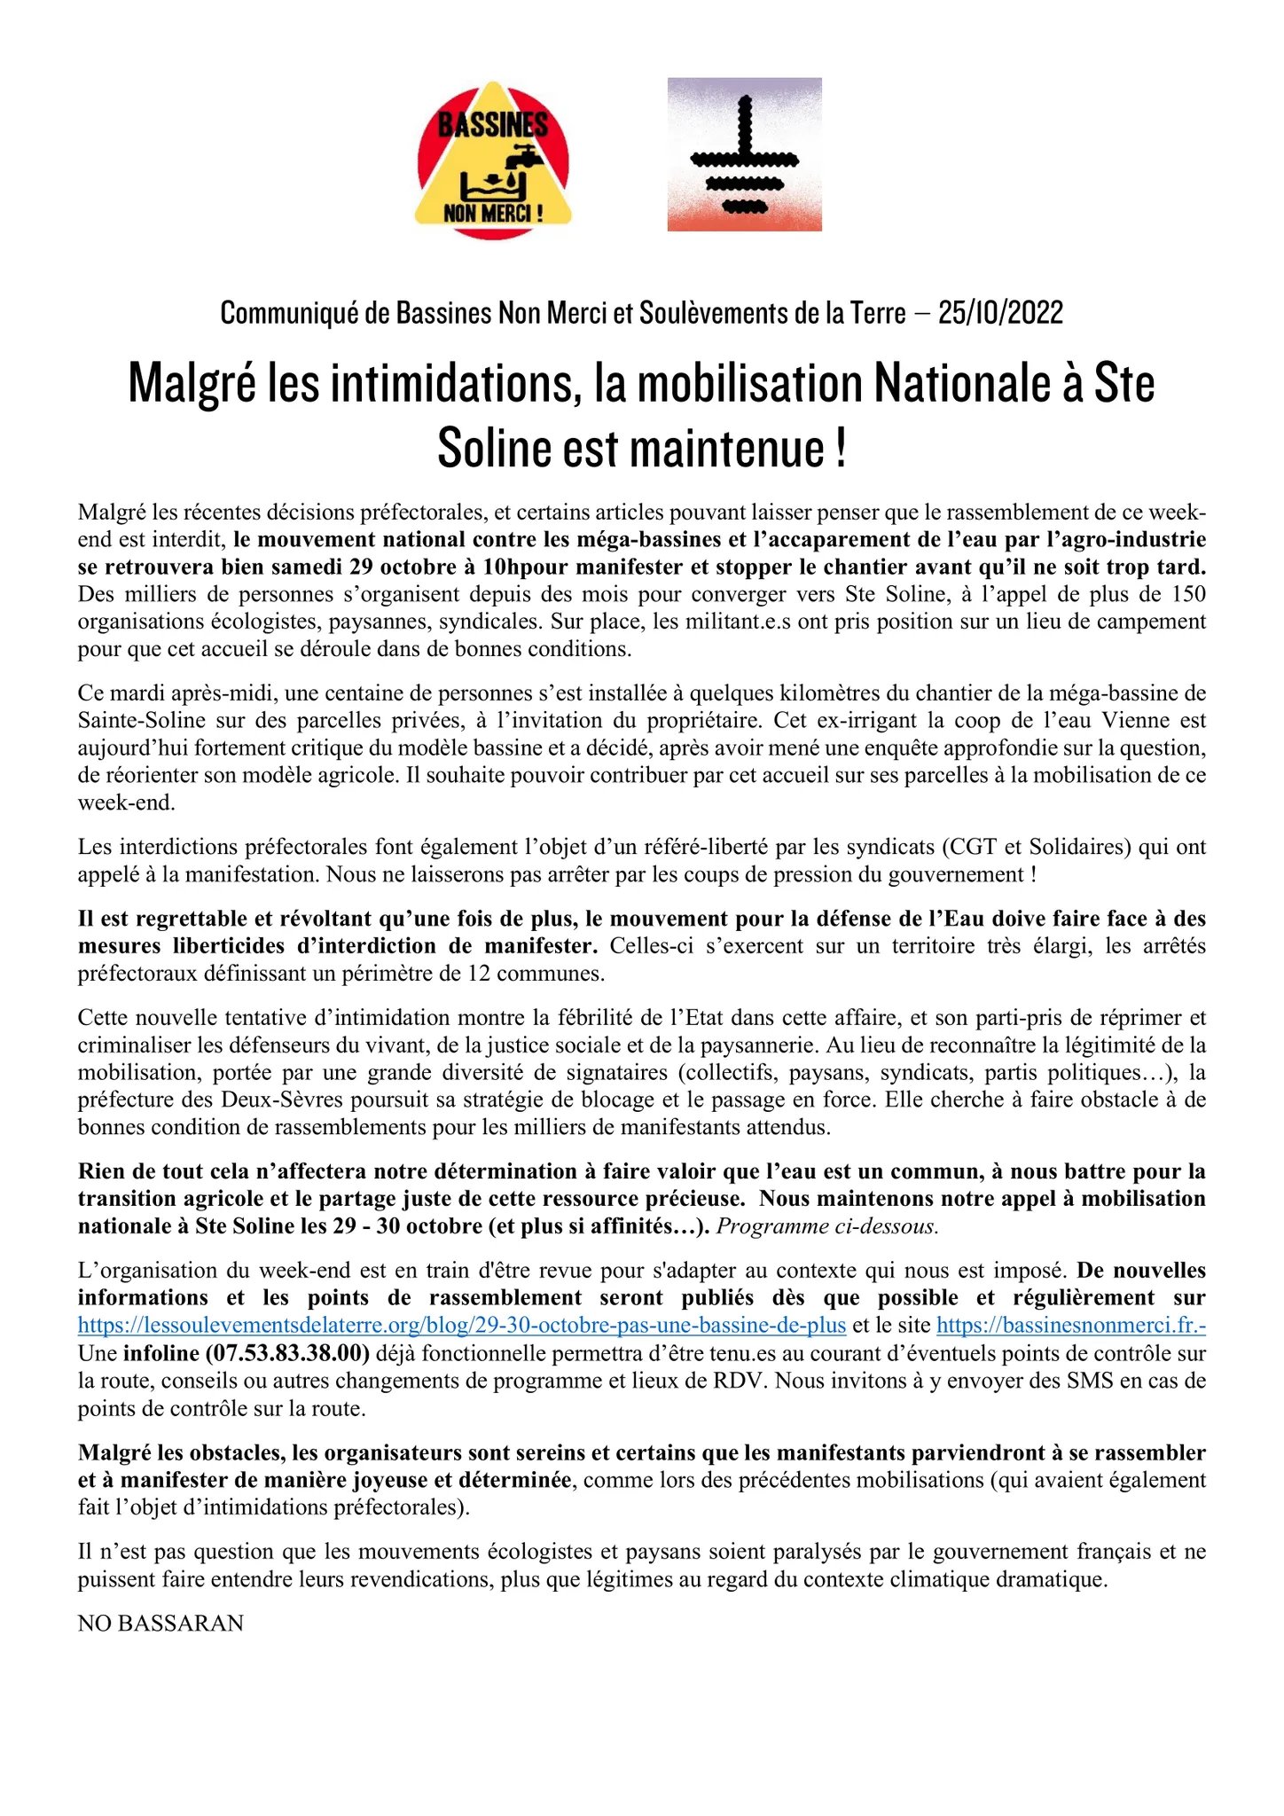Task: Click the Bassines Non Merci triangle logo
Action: click(493, 160)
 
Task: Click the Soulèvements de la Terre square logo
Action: click(744, 154)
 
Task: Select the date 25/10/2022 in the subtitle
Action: click(1000, 313)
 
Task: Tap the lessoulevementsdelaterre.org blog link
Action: click(462, 1326)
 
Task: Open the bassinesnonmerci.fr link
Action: click(1070, 1326)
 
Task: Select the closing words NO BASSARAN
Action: click(160, 1624)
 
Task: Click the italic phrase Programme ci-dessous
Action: click(827, 1226)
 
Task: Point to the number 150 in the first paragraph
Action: click(1188, 594)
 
